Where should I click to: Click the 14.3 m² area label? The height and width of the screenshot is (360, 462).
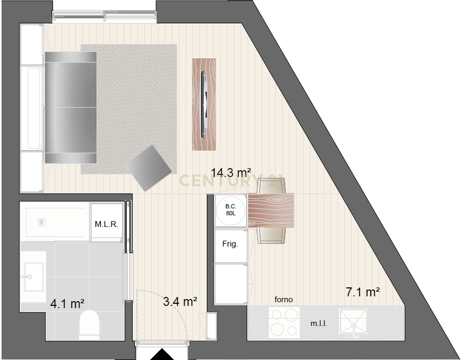(231, 173)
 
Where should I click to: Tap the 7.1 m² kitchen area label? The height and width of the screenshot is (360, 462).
(362, 292)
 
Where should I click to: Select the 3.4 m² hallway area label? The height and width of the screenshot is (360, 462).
(180, 301)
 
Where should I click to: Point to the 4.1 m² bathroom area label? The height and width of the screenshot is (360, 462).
(67, 303)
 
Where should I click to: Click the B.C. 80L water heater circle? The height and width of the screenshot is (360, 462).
(231, 210)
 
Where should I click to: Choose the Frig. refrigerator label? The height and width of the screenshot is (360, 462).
(230, 244)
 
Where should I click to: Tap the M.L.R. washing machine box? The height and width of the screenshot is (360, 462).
(107, 222)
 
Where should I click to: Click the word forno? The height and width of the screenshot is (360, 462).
(283, 300)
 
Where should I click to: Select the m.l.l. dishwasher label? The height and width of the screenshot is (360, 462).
(318, 323)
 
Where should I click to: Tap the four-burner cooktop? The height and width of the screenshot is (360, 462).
(284, 322)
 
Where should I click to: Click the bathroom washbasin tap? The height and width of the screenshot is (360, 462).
(27, 277)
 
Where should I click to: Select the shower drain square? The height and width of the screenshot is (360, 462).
(41, 222)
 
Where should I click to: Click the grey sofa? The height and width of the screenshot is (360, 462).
(71, 108)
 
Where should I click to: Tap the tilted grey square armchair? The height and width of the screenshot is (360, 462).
(149, 168)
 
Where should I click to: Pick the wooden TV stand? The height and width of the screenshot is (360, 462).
(204, 104)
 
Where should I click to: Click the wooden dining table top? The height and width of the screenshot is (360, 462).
(271, 210)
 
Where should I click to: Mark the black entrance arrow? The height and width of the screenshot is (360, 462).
(162, 354)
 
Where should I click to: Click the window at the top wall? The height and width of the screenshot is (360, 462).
(104, 16)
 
